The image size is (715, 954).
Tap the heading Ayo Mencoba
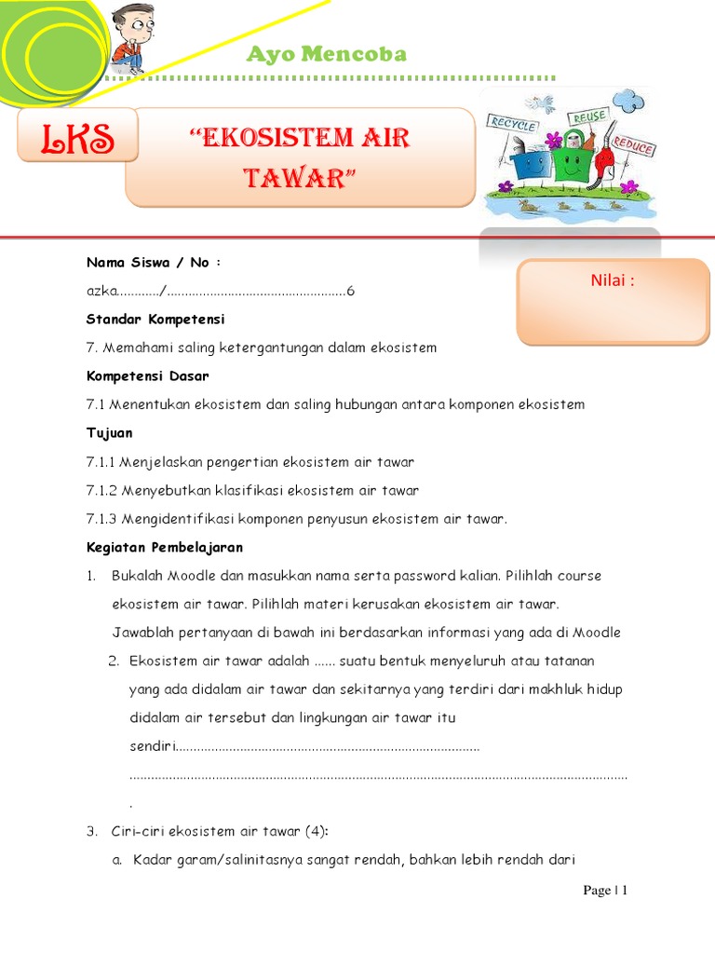tap(326, 54)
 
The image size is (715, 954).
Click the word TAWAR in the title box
tap(300, 177)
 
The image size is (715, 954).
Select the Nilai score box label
tap(613, 280)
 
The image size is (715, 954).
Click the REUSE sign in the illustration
tap(589, 117)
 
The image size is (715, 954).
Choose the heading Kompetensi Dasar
tap(147, 376)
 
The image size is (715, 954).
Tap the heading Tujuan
tap(110, 433)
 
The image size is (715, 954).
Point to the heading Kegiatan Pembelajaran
tap(164, 547)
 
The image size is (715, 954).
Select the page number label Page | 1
tap(605, 891)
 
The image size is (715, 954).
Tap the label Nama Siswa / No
tap(153, 263)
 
